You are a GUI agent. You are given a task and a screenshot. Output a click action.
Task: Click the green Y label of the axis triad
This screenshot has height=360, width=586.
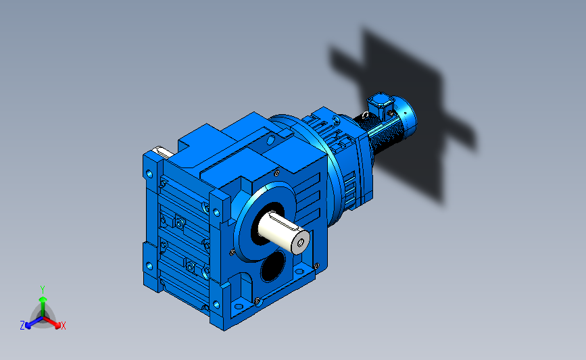(x=42, y=290)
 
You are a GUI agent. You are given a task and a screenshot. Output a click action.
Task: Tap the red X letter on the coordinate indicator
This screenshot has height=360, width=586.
(x=63, y=326)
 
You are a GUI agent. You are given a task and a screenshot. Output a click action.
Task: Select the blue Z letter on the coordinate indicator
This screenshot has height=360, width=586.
(x=22, y=326)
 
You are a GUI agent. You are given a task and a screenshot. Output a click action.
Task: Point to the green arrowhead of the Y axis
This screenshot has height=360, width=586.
(x=43, y=299)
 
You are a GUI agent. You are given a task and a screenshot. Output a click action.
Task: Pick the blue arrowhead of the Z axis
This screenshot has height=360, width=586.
(x=28, y=326)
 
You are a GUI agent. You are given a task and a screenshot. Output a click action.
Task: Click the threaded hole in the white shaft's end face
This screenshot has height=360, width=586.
(x=301, y=242)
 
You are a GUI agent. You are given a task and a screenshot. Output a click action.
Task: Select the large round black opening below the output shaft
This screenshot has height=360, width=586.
(x=273, y=265)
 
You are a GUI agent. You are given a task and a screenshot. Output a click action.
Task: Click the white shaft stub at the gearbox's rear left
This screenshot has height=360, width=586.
(x=163, y=152)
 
